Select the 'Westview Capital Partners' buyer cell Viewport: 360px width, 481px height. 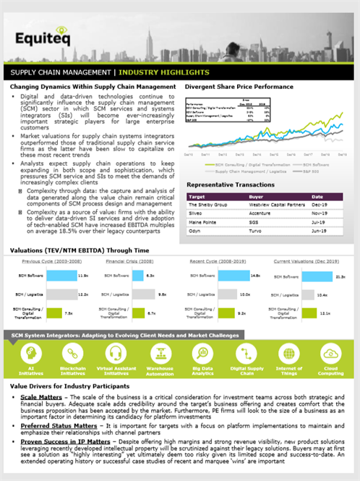267,205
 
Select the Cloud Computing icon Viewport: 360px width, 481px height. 331,353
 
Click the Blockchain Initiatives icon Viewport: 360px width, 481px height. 72,353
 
